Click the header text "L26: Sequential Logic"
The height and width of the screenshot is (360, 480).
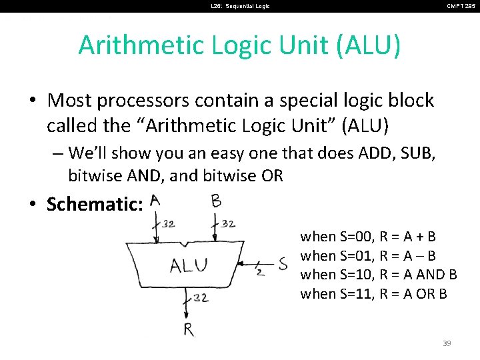click(x=240, y=6)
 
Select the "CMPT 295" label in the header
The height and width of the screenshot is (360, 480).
click(x=461, y=6)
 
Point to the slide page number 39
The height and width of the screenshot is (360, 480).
click(x=447, y=343)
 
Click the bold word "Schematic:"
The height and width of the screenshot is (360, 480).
click(x=95, y=204)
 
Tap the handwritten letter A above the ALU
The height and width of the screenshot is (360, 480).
click(x=155, y=200)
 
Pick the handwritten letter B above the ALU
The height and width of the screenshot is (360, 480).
click(x=216, y=200)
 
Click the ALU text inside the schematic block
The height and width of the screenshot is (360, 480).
click(x=189, y=266)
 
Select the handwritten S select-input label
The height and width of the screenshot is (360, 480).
click(x=282, y=264)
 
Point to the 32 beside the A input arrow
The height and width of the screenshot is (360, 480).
click(x=169, y=224)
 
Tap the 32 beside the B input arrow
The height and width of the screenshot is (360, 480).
click(x=227, y=224)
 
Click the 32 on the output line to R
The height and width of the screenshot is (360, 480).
click(x=201, y=297)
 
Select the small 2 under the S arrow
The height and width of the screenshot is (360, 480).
click(x=259, y=273)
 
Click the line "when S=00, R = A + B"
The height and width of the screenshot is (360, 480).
click(x=368, y=237)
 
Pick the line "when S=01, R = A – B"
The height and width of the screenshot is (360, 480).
click(x=368, y=256)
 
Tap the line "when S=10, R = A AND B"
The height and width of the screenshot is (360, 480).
click(x=379, y=275)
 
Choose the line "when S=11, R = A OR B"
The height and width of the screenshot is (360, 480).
click(x=373, y=294)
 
